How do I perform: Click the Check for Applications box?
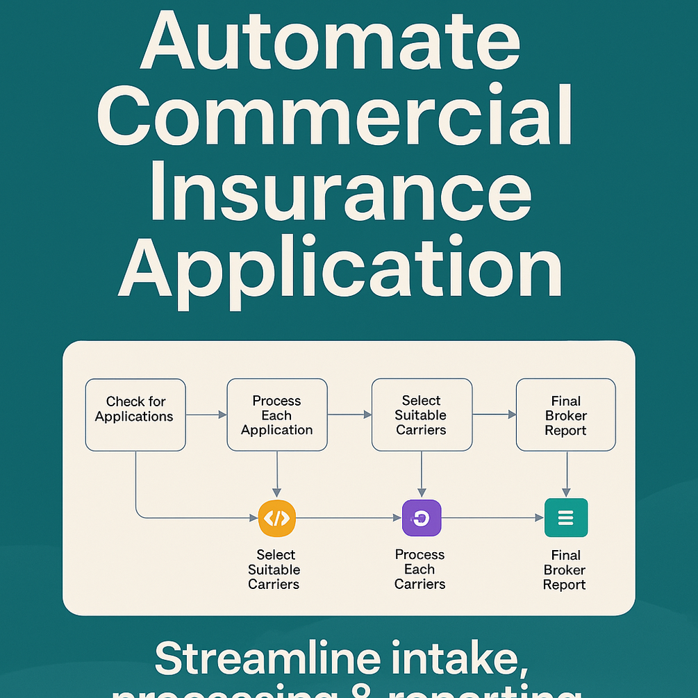coord(135,415)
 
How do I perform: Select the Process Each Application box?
coord(277,415)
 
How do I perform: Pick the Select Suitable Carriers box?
coord(422,415)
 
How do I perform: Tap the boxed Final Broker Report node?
coord(566,415)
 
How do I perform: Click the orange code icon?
coord(277,517)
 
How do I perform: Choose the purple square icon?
coord(422,517)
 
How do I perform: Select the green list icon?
coord(566,517)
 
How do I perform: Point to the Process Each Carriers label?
coord(419,570)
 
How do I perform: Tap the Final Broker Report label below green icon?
coord(565,570)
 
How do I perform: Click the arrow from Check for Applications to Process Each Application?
coord(206,415)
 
